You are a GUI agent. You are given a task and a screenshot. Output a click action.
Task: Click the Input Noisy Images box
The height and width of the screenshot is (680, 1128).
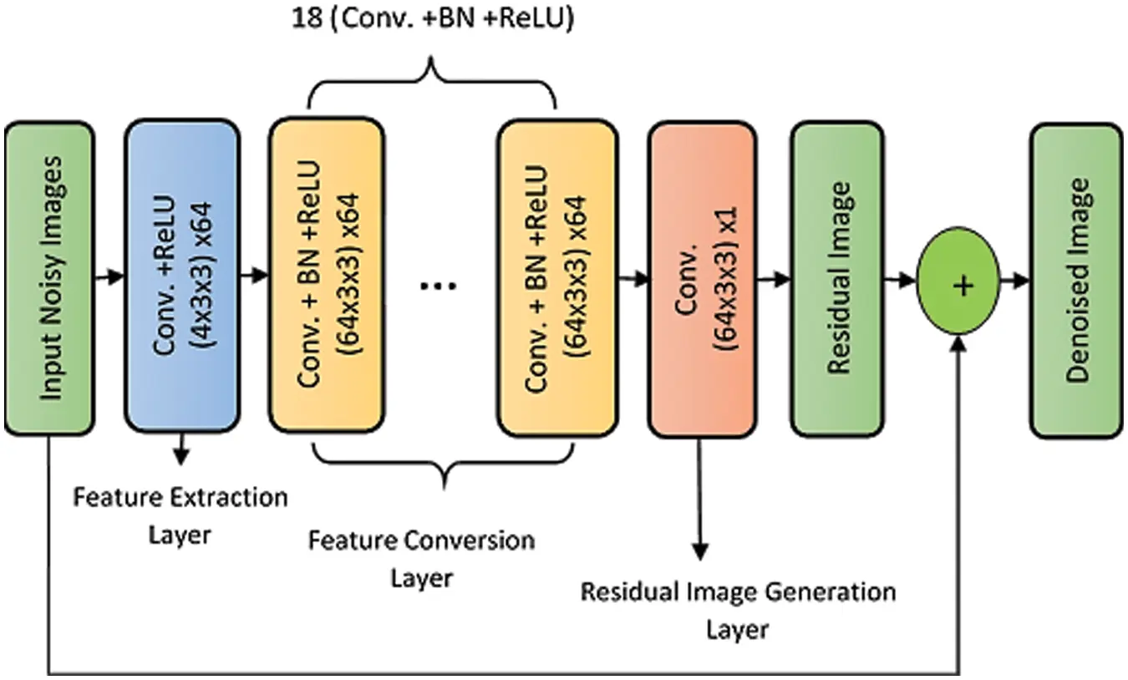pyautogui.click(x=48, y=278)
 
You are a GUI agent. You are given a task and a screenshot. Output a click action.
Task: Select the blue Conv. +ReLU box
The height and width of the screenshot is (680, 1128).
pyautogui.click(x=182, y=275)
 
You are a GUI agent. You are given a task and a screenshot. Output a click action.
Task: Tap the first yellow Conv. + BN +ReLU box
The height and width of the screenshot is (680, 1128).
pyautogui.click(x=326, y=275)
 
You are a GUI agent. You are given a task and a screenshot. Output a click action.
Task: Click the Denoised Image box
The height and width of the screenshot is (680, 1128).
pyautogui.click(x=1075, y=281)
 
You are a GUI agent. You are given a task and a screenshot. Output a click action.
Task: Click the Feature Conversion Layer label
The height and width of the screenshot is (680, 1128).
pyautogui.click(x=421, y=557)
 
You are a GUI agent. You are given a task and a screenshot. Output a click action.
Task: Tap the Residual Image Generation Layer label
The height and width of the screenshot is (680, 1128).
pyautogui.click(x=738, y=609)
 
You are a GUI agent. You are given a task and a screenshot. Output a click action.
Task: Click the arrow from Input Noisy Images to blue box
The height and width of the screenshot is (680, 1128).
pyautogui.click(x=108, y=277)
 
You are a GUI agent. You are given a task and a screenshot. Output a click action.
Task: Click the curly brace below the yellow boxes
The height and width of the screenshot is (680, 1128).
pyautogui.click(x=444, y=464)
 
